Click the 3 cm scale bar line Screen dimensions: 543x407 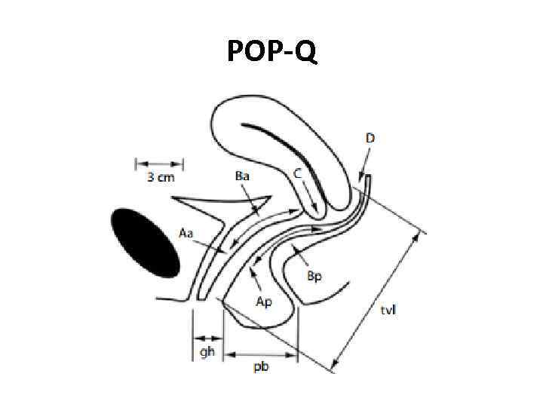click(x=159, y=163)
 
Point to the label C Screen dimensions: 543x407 click(x=298, y=173)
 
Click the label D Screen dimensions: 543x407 click(x=370, y=138)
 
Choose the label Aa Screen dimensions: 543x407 click(x=186, y=233)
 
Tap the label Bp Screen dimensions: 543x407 click(x=315, y=275)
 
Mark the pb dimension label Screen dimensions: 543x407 click(x=262, y=366)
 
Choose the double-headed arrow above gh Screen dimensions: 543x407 click(x=207, y=336)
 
